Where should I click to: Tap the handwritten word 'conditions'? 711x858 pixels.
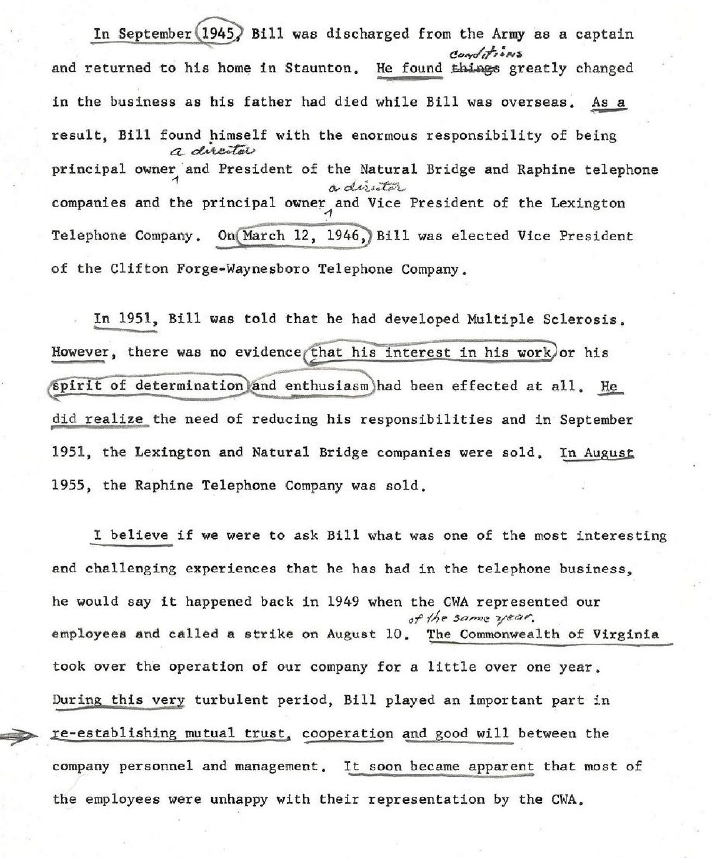(x=486, y=54)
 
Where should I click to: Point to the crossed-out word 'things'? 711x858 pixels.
(x=475, y=68)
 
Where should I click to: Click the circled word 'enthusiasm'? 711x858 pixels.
(x=326, y=386)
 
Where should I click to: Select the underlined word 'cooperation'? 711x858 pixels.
(x=348, y=733)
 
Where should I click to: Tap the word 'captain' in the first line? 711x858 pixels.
(x=604, y=34)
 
